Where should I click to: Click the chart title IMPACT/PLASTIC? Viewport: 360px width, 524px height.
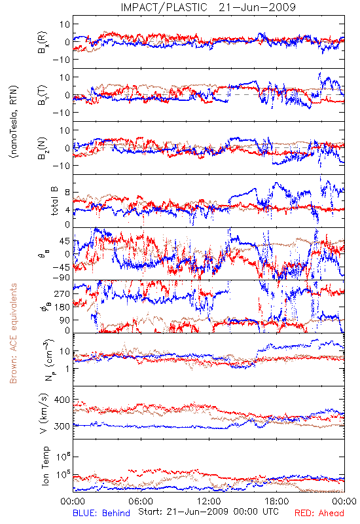[164, 7]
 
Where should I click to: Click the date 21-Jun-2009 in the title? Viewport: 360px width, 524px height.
[257, 7]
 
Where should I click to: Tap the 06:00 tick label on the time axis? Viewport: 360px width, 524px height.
[141, 501]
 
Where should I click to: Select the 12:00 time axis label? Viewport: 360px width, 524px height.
[209, 501]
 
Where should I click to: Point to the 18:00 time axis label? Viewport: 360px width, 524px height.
[277, 501]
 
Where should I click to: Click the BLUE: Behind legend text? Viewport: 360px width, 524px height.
[101, 513]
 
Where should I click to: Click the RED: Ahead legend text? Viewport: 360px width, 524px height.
[319, 513]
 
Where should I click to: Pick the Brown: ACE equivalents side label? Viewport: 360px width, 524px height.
[13, 333]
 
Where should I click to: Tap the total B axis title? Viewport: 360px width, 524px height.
[54, 201]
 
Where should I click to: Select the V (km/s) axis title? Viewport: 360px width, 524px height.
[44, 414]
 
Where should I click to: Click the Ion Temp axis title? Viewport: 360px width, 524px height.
[45, 466]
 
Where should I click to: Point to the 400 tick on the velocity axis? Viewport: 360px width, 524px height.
[62, 400]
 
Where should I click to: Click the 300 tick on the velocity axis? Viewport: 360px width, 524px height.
[62, 426]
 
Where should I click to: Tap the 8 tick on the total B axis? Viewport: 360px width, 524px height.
[67, 193]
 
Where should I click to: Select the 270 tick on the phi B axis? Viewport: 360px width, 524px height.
[62, 293]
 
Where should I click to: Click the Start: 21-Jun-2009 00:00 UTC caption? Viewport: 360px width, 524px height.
[208, 512]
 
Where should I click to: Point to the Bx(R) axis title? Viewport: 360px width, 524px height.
[43, 43]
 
